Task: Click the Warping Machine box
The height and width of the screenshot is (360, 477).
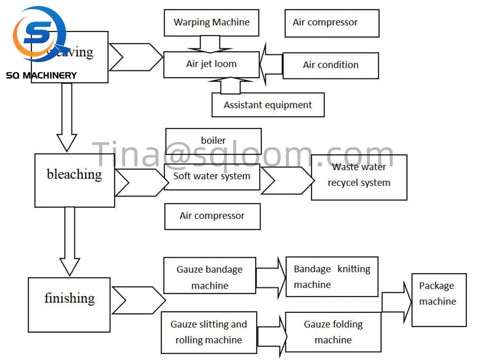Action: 211,23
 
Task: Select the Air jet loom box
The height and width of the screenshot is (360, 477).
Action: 211,65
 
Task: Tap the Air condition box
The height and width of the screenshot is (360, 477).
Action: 330,65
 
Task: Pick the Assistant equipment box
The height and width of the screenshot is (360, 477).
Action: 268,105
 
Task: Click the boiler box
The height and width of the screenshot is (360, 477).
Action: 213,141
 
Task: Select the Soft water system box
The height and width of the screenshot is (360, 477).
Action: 212,176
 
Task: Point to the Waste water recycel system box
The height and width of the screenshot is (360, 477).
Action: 359,177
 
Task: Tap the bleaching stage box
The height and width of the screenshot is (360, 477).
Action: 74,180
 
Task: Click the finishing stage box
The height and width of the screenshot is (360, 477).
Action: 69,305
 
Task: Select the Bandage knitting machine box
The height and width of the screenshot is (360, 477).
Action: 332,276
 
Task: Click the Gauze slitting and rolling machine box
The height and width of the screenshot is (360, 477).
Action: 209,332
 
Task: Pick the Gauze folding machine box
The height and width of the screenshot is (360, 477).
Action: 333,332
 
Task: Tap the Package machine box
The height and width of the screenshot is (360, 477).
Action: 439,300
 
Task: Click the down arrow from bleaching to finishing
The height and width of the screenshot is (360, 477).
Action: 69,241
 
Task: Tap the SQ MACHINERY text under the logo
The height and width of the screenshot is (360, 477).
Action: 41,75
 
